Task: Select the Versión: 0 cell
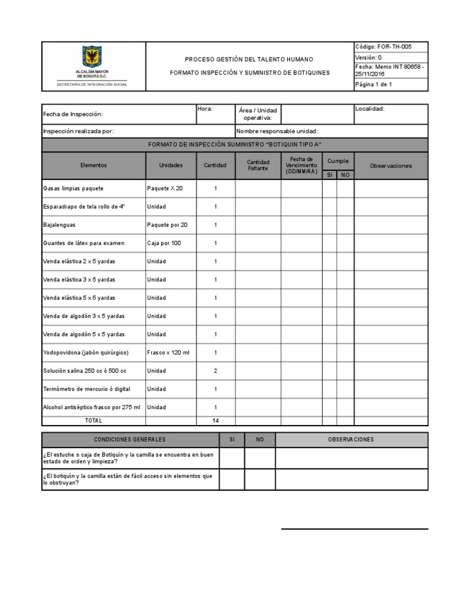click(368, 58)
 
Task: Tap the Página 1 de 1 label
click(374, 85)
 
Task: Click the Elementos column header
click(94, 166)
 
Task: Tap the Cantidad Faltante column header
click(258, 165)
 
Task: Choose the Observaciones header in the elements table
click(391, 166)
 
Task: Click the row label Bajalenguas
click(59, 225)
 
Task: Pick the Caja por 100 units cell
click(164, 243)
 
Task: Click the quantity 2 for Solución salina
click(215, 371)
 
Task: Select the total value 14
click(215, 420)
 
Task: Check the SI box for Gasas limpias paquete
click(330, 189)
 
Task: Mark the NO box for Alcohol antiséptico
click(345, 407)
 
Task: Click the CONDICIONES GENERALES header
click(130, 440)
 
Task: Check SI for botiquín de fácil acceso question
click(232, 479)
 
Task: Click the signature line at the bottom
click(354, 529)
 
